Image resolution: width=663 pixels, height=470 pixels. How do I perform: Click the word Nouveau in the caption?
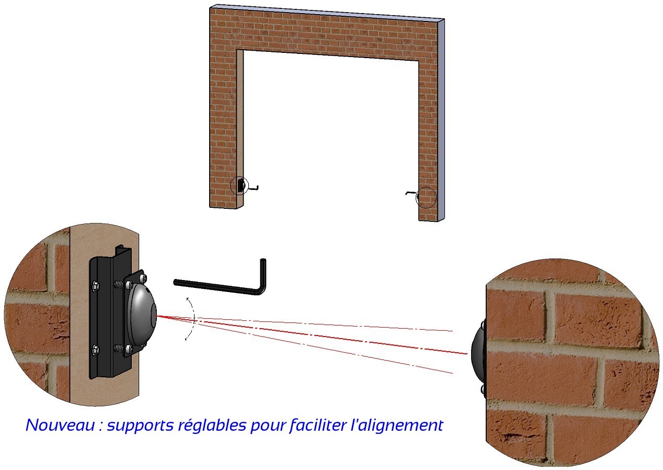[60, 425]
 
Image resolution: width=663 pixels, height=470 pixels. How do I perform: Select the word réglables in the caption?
[212, 426]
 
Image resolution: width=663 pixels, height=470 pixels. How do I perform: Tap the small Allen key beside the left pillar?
[254, 188]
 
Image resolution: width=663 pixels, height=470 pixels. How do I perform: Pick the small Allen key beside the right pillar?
[411, 193]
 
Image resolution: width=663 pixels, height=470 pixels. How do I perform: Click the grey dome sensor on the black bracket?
[142, 315]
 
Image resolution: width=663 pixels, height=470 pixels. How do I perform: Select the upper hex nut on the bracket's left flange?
[95, 285]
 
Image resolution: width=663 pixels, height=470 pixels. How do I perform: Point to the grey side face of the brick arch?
[441, 118]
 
